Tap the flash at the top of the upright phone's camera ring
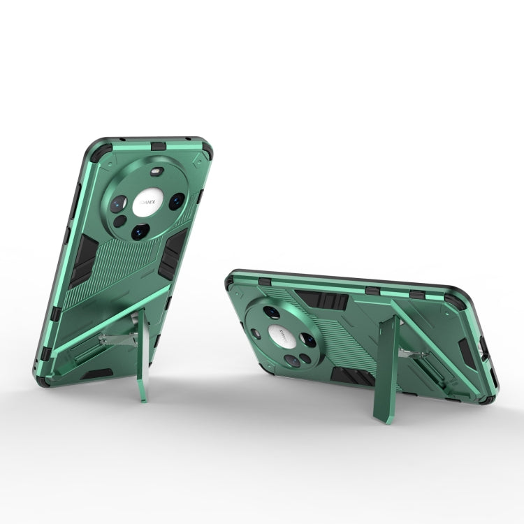(155, 171)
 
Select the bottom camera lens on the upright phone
(139, 231)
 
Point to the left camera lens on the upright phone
(119, 203)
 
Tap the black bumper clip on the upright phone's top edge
(159, 145)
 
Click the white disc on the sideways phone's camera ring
(280, 335)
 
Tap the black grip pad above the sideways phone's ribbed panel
(322, 301)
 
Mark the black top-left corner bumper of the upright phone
(96, 151)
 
